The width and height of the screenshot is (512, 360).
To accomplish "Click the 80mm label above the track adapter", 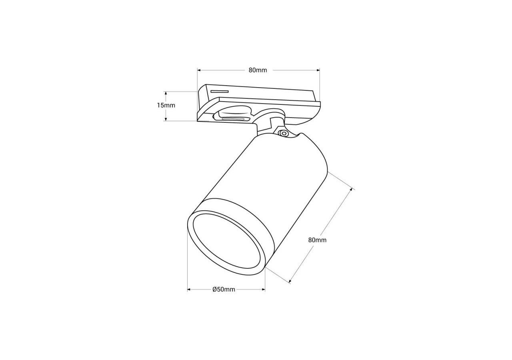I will point(258,70).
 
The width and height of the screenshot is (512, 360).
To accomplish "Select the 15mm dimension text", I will point(166,106).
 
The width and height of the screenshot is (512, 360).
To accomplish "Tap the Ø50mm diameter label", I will point(224,290).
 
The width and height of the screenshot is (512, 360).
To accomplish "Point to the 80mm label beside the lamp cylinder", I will point(317,240).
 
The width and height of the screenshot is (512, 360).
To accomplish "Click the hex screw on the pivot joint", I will point(284,133).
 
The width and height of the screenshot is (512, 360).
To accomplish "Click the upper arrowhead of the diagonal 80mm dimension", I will point(352,189).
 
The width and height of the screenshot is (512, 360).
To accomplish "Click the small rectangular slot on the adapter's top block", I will point(219,92).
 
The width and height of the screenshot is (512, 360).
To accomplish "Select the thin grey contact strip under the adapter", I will point(234,119).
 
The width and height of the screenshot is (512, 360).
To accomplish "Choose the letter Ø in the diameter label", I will point(214,290).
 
